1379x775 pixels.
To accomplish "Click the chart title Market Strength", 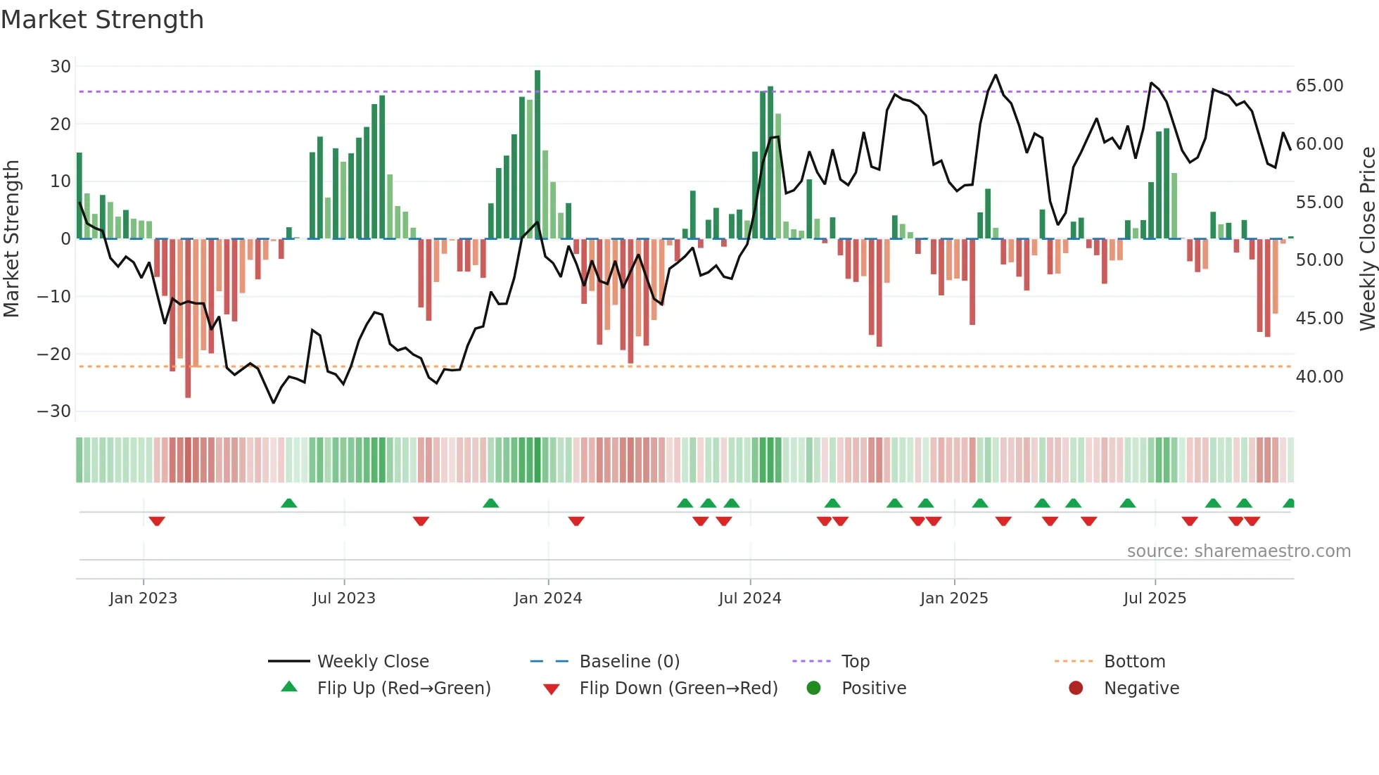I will [102, 20].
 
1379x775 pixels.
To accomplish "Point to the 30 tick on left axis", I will [61, 67].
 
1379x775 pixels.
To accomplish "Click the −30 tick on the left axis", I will [54, 411].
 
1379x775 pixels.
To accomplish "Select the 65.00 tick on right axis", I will [1319, 86].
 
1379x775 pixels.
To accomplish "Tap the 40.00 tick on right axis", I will [1319, 377].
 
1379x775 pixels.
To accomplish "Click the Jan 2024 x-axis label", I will [548, 598].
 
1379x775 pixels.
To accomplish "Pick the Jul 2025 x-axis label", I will [1155, 598].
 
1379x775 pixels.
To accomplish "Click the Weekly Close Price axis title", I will [1367, 239].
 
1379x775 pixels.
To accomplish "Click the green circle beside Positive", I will [813, 688].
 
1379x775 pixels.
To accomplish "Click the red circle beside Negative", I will [1076, 688].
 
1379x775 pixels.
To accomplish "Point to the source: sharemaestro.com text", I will [1238, 551].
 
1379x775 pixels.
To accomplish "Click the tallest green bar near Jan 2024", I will [538, 155].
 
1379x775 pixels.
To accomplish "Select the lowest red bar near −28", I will [188, 320].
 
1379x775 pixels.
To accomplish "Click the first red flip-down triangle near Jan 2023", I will [157, 521].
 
